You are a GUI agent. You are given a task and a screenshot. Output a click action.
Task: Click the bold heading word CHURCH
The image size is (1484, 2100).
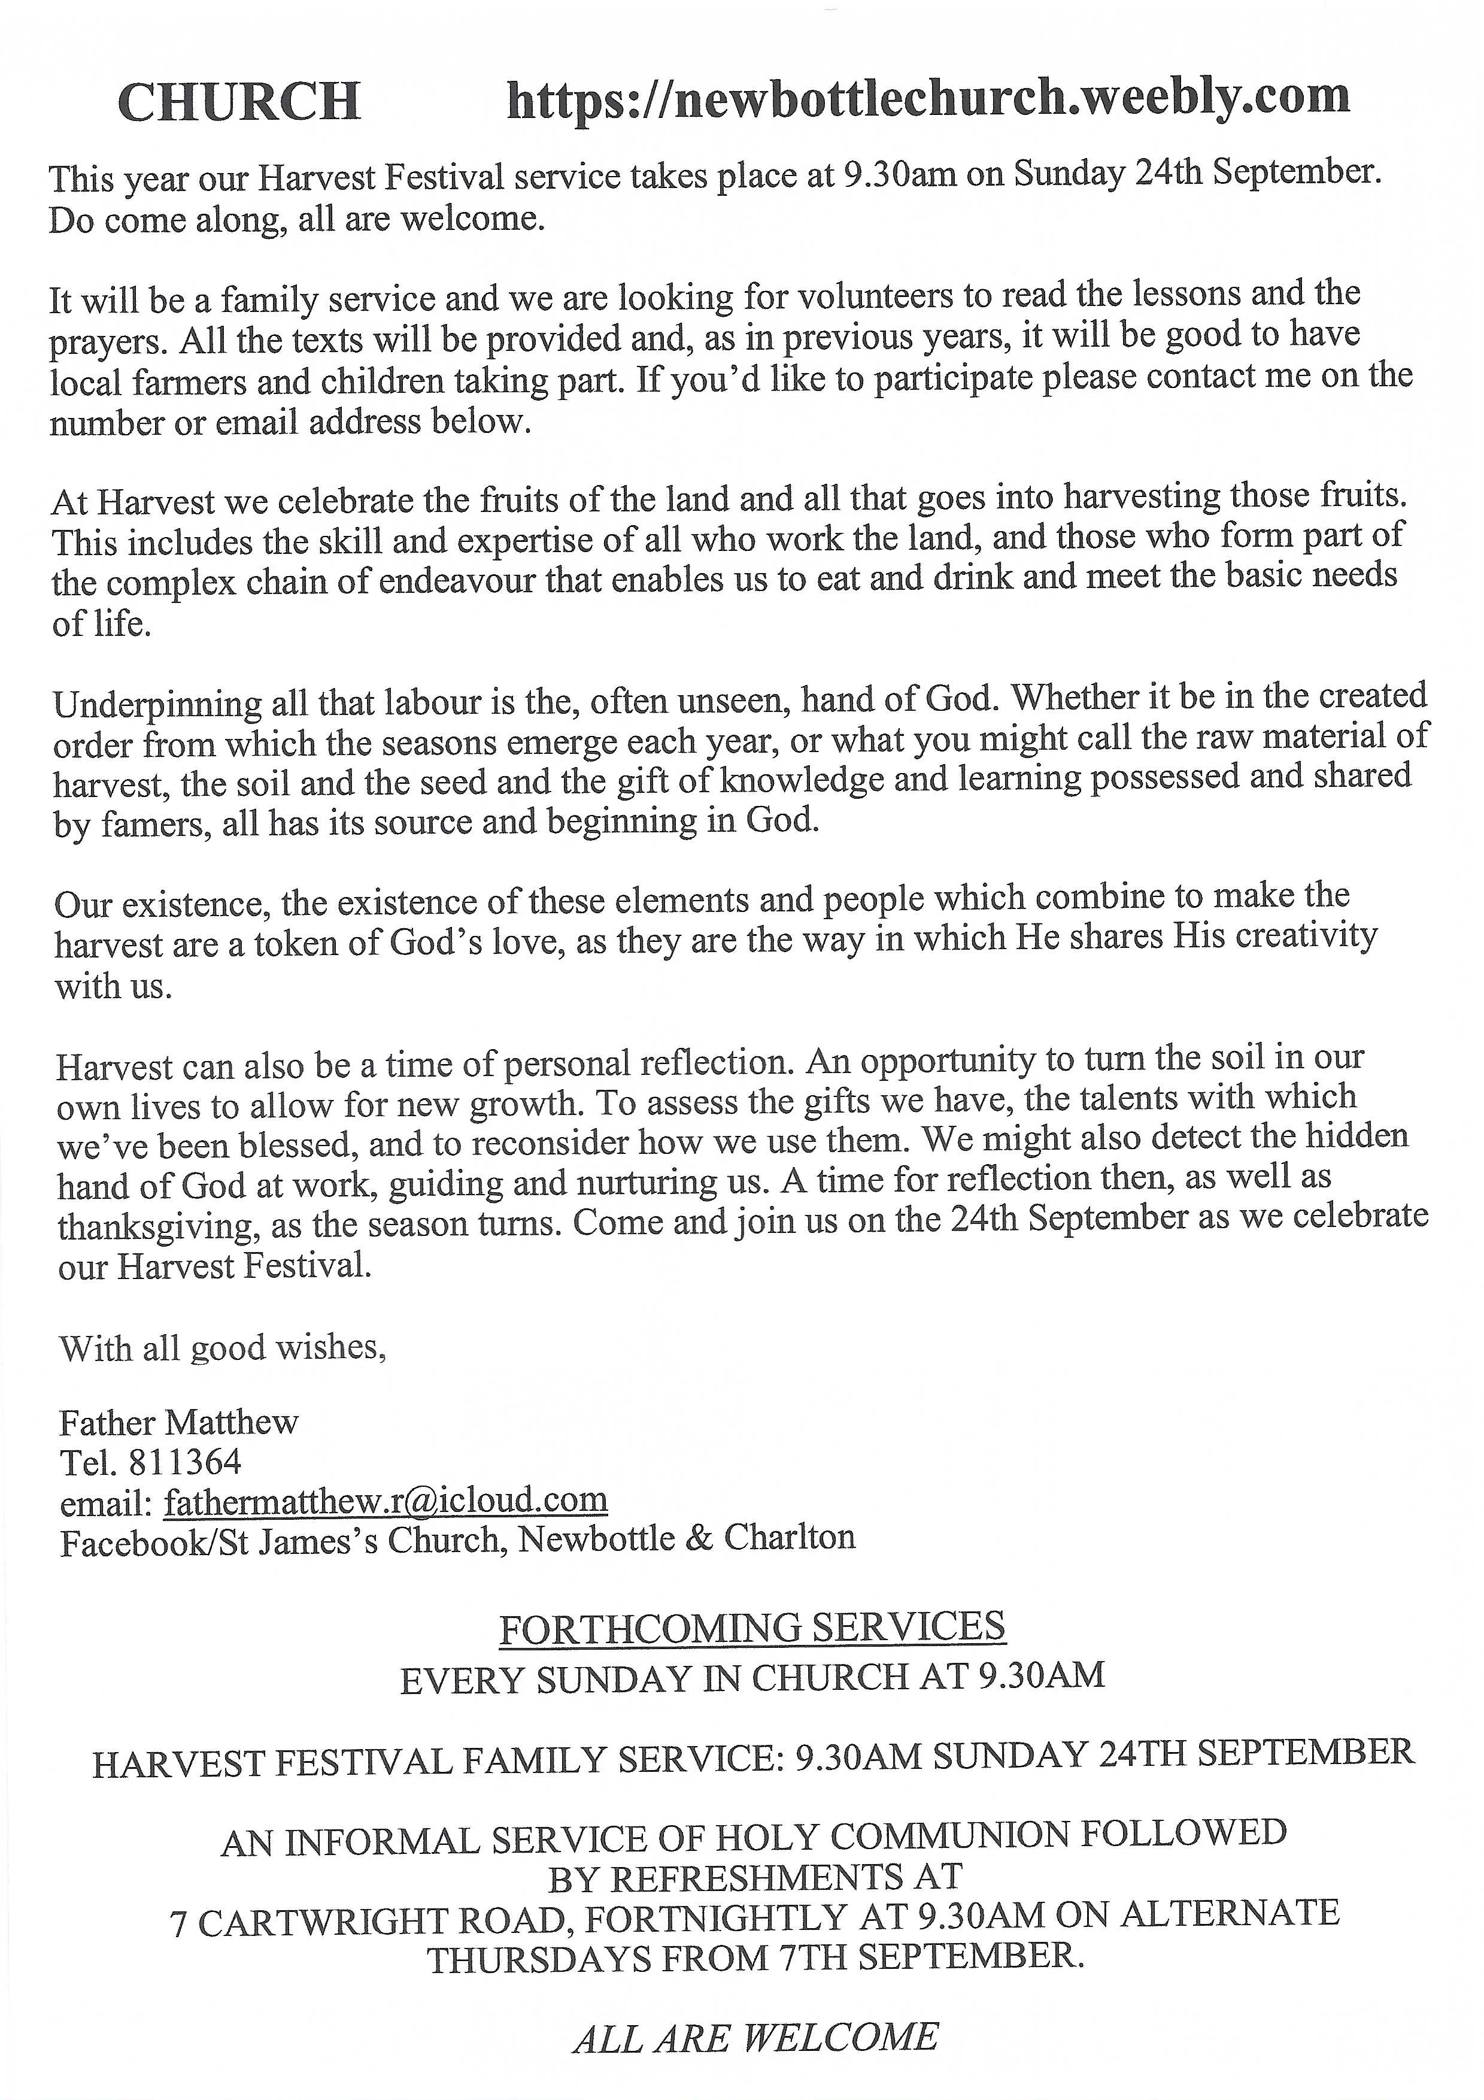(239, 102)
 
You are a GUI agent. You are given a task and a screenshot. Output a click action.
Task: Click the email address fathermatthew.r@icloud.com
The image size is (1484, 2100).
(386, 1500)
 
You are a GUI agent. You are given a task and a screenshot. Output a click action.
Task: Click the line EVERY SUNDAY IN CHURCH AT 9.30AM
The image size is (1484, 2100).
(752, 1677)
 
